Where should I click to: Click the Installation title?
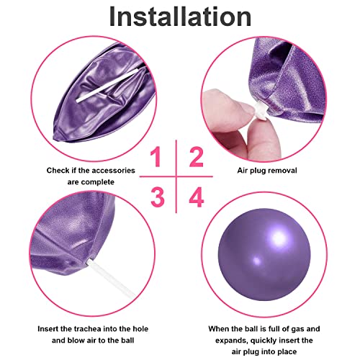click(180, 17)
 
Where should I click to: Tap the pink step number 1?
click(156, 157)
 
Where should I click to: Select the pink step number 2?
click(197, 157)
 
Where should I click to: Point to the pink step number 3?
click(158, 197)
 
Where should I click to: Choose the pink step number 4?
click(197, 197)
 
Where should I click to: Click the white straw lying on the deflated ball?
click(107, 85)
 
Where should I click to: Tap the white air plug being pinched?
click(261, 111)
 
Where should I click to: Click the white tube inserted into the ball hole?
click(111, 276)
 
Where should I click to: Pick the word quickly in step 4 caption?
click(266, 341)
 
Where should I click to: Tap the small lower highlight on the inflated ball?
click(257, 261)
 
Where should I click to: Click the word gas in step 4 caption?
click(297, 329)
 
